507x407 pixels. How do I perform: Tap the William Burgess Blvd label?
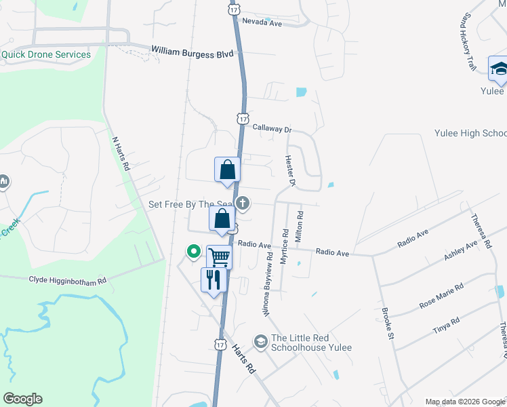[192, 52]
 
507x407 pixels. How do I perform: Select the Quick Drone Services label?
[46, 55]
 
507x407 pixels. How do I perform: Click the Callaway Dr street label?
[272, 128]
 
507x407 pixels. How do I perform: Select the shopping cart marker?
[219, 257]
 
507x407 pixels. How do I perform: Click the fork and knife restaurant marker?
[214, 279]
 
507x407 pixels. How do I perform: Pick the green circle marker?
[193, 252]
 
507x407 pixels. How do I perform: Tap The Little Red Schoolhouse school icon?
[260, 341]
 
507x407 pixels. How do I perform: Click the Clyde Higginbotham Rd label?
[68, 279]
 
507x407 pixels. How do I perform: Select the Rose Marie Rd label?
[441, 296]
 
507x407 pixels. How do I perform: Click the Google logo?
[22, 399]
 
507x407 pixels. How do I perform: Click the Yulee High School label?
[474, 134]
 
